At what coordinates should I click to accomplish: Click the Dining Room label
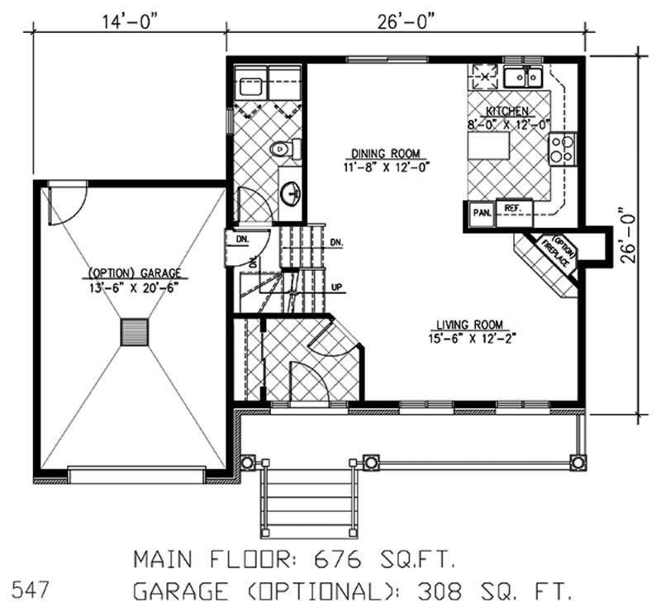point(386,153)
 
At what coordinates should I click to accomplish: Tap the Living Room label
point(469,325)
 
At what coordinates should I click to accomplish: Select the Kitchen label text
point(507,111)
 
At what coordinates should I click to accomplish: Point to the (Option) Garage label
point(134,273)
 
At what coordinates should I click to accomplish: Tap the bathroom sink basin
point(290,194)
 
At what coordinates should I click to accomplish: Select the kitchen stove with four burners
point(563,149)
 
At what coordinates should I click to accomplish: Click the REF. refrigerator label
point(513,208)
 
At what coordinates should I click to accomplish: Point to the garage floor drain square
point(135,332)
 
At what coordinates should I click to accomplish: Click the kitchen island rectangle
point(489,145)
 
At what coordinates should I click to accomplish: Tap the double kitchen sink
point(523,77)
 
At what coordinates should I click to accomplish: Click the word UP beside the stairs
point(337,287)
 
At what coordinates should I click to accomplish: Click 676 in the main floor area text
point(338,560)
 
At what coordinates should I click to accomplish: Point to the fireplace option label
point(559,252)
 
